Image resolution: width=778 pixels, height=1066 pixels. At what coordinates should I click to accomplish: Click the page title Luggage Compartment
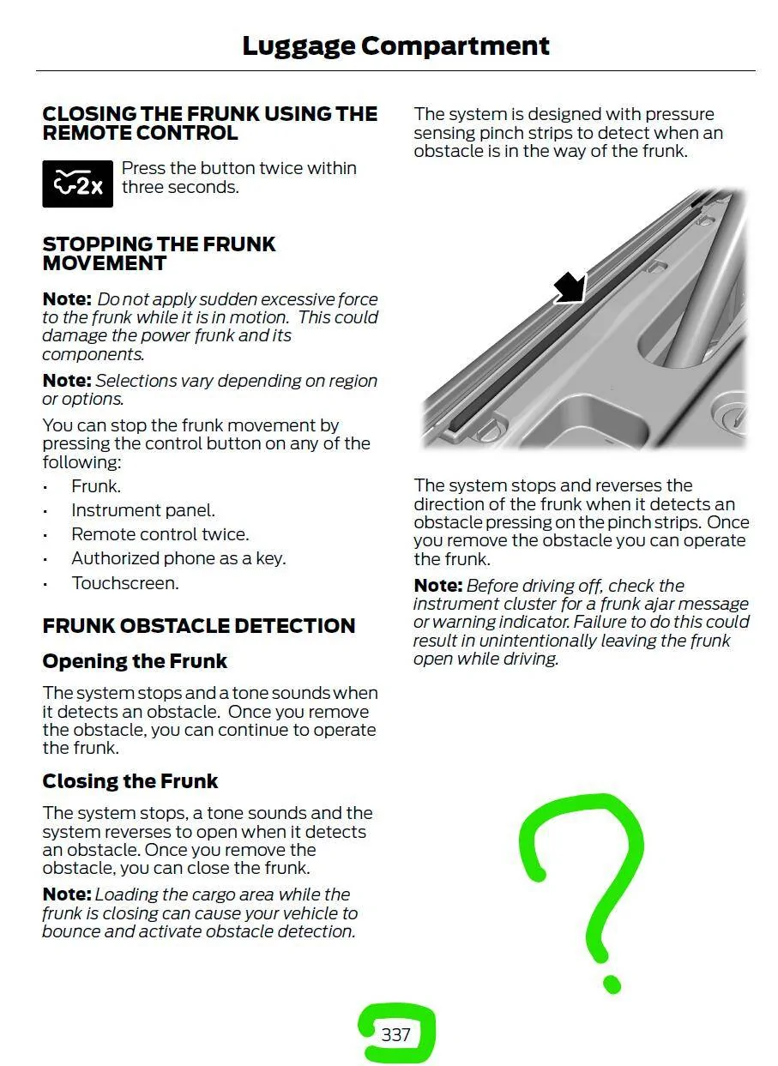click(x=395, y=45)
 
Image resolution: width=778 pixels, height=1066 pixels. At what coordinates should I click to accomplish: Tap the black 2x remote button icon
click(x=77, y=184)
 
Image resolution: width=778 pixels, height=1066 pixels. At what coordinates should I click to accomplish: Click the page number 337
click(x=395, y=1034)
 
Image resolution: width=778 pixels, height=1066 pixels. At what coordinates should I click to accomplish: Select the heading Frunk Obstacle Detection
click(x=198, y=626)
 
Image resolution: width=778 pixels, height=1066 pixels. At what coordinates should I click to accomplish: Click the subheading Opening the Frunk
click(x=135, y=661)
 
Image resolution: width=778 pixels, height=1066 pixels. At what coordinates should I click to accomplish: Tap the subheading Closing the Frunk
click(x=130, y=781)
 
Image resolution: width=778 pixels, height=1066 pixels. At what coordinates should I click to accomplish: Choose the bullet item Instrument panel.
click(x=143, y=510)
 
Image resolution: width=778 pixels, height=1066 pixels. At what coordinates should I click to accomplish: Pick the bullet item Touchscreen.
click(x=125, y=583)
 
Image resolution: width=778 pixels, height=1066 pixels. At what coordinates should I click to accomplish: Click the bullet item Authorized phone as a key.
click(x=178, y=558)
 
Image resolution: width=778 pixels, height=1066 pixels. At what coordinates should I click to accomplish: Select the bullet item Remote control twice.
click(x=160, y=534)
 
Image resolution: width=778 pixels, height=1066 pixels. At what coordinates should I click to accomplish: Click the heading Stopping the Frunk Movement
click(x=159, y=253)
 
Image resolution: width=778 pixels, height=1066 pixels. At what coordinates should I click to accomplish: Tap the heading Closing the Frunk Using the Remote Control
click(x=209, y=123)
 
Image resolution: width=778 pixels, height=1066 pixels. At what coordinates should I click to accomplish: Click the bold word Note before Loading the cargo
click(x=66, y=894)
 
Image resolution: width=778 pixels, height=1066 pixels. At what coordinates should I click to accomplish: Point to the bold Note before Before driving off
click(x=437, y=586)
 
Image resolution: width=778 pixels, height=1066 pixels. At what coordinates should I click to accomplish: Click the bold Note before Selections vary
click(x=66, y=381)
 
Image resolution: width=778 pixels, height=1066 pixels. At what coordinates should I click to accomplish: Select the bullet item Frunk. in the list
click(x=96, y=486)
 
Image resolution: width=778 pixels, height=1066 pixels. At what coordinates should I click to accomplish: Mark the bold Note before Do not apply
click(x=66, y=299)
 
